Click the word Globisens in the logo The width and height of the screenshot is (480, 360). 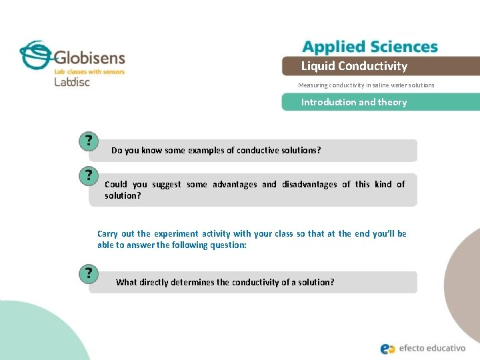(x=89, y=56)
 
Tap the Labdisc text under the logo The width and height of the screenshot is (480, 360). (x=72, y=82)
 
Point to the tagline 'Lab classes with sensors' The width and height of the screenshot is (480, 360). (x=89, y=71)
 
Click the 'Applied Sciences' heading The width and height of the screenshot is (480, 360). (x=370, y=47)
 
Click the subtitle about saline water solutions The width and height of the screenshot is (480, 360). (x=366, y=85)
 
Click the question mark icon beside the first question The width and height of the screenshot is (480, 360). (x=89, y=141)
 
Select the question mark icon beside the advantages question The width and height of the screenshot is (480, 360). (x=89, y=175)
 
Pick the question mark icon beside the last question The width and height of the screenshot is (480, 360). (x=89, y=273)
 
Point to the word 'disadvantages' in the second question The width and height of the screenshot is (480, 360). (x=309, y=185)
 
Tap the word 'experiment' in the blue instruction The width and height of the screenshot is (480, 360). (x=176, y=234)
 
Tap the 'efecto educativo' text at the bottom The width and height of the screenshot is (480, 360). (x=434, y=348)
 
